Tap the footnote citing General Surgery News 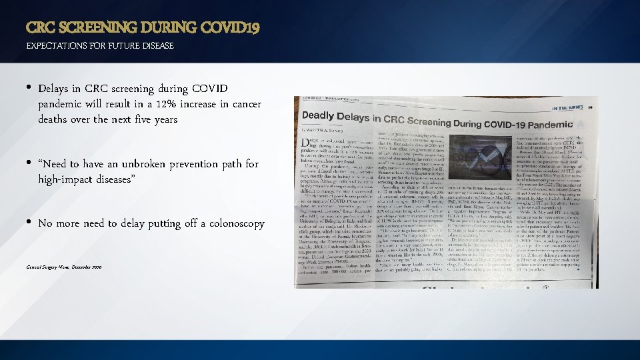[x=64, y=267]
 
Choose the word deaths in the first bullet [x=53, y=119]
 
